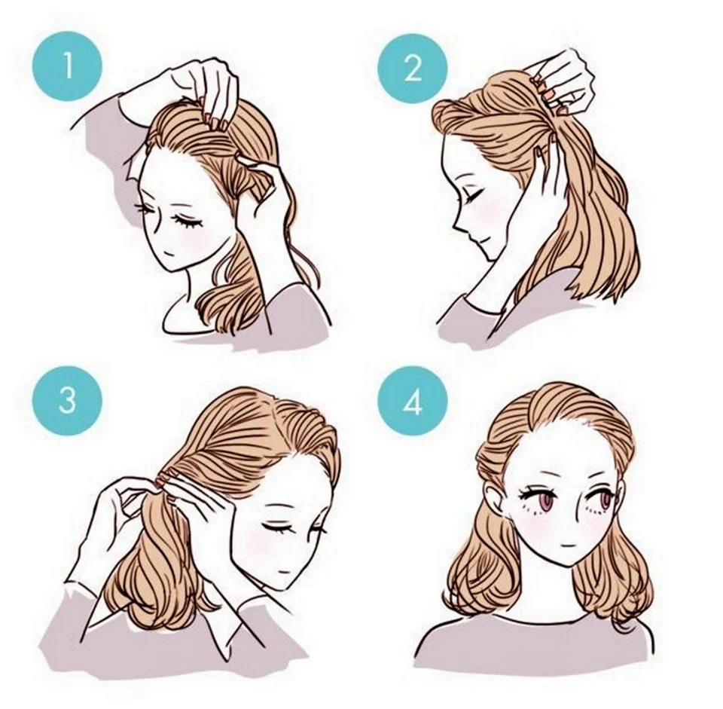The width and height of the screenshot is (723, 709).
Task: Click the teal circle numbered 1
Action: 67,66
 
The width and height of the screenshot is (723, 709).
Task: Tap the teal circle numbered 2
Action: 413,69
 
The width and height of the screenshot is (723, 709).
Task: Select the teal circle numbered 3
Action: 67,399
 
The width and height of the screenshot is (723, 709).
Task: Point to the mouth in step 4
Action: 569,546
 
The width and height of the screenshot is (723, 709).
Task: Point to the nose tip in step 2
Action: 455,227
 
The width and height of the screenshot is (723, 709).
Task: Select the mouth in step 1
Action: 171,253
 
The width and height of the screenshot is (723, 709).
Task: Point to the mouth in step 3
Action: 283,572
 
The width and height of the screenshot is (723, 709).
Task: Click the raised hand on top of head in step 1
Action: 203,92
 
